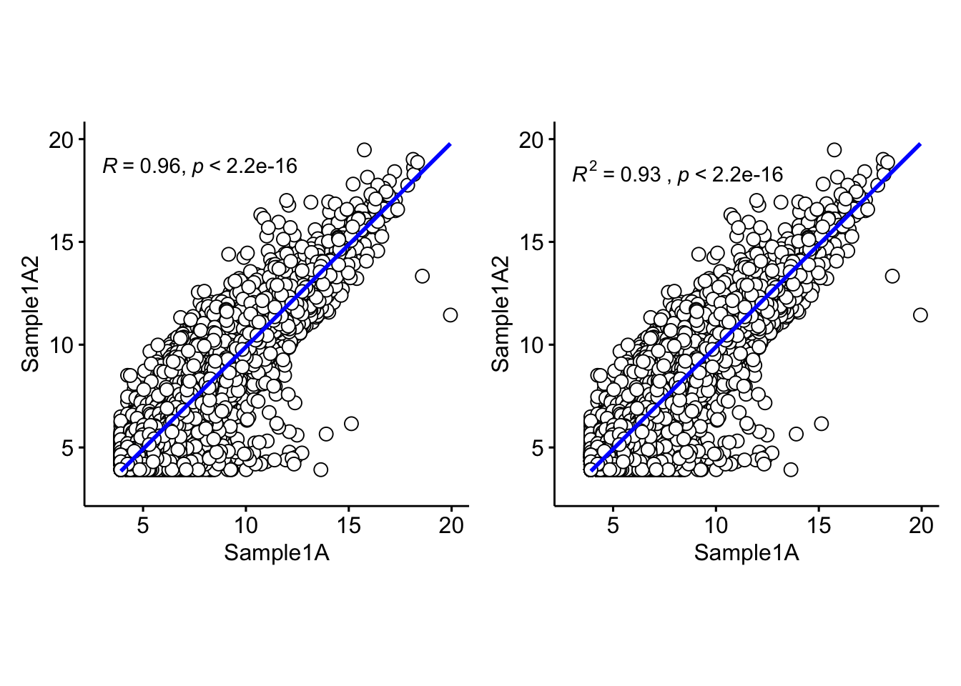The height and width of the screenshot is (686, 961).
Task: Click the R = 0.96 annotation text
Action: point(199,166)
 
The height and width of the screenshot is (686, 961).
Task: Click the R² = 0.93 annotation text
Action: point(677,174)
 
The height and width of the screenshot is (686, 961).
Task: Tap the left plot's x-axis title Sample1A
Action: point(277,552)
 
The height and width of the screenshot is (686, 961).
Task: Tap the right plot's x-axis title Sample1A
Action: point(746,552)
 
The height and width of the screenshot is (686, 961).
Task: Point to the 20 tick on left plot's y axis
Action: point(61,139)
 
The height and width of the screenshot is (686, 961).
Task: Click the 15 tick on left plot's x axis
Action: point(348,526)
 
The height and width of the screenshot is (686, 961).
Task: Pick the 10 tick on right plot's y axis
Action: point(531,345)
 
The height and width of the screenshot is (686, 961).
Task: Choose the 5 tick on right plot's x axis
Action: point(613,526)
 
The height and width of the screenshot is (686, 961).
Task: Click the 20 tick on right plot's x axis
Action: point(921,526)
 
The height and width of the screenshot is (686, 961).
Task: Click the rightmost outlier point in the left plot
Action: point(450,314)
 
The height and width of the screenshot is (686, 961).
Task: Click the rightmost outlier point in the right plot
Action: point(920,314)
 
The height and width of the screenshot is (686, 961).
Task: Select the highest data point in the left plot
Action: point(364,149)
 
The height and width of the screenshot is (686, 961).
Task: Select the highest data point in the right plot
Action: point(834,149)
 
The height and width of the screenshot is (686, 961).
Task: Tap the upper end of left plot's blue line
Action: point(449,144)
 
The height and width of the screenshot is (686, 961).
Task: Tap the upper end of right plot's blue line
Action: point(920,144)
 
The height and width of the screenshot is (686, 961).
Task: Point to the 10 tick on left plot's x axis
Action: point(245,526)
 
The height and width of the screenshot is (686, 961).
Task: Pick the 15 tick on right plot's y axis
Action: point(531,242)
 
